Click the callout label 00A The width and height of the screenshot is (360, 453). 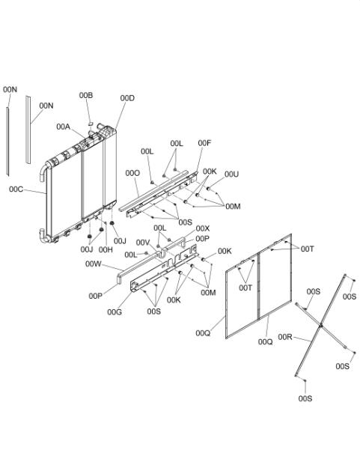[63, 127]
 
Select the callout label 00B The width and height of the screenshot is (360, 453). [86, 95]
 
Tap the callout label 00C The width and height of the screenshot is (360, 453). [16, 189]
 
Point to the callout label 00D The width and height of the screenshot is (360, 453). [127, 98]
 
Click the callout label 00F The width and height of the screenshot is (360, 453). [204, 143]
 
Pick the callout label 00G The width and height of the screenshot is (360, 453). [115, 312]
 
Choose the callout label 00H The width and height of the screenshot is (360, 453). [106, 249]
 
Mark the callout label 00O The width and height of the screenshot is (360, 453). [132, 174]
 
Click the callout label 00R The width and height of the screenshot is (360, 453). [285, 337]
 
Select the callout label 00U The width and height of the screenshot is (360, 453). [232, 174]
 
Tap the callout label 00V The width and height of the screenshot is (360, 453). [143, 243]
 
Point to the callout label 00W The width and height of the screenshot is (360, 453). [94, 264]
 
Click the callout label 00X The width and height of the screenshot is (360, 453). [203, 229]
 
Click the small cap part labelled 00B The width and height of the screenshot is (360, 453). [91, 124]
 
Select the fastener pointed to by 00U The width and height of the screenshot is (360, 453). [208, 189]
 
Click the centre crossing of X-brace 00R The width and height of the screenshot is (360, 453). [321, 326]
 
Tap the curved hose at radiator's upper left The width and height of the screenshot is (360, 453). [44, 171]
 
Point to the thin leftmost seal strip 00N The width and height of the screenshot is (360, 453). [7, 142]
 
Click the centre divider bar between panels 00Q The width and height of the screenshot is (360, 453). [258, 285]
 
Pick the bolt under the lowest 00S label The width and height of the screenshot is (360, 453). [305, 381]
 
